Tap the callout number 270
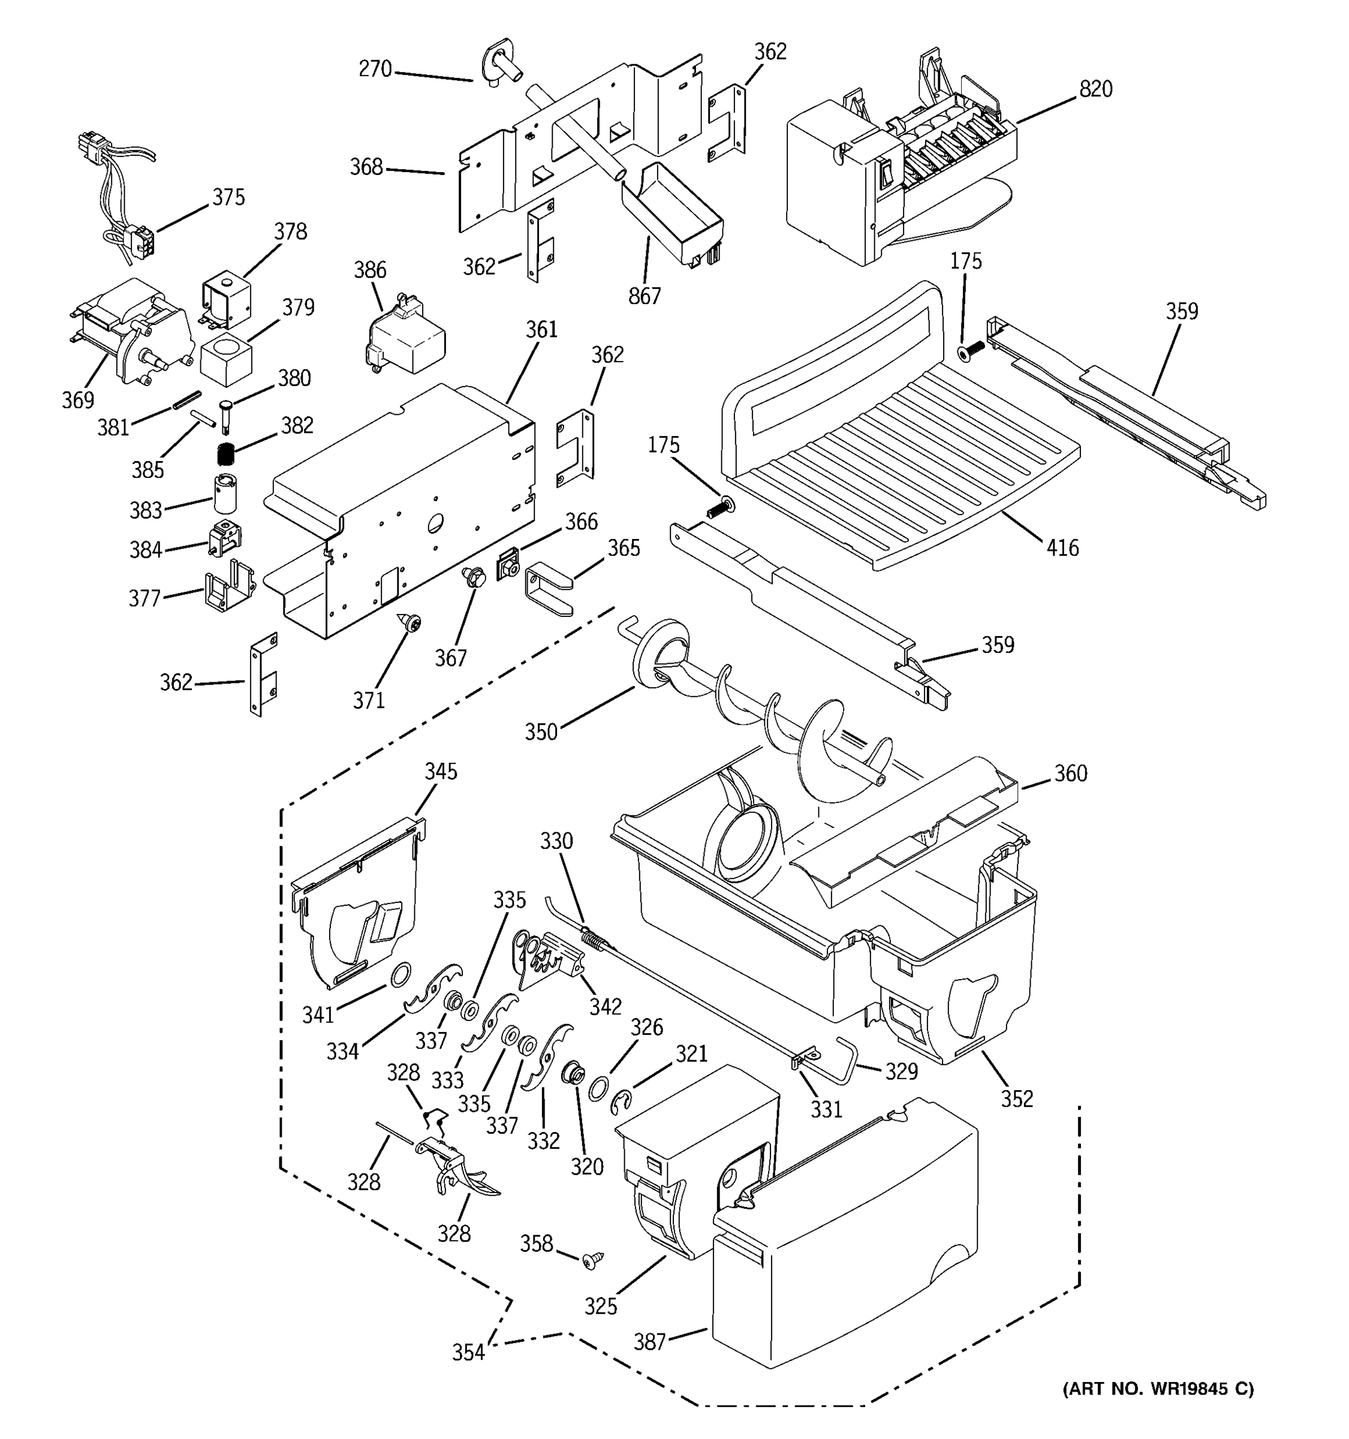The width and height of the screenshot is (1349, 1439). click(x=375, y=70)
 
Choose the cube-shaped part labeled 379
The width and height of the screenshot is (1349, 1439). click(x=226, y=360)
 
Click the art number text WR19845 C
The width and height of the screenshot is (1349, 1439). click(x=1158, y=1388)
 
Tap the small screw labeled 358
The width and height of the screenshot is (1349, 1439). click(x=591, y=1260)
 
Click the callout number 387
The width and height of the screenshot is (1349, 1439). click(x=649, y=1342)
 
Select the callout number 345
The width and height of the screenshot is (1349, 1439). click(x=441, y=772)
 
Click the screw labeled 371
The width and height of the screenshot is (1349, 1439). click(x=411, y=622)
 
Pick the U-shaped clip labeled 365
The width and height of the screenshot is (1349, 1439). click(x=548, y=588)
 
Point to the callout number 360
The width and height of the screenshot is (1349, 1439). click(x=1070, y=774)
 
